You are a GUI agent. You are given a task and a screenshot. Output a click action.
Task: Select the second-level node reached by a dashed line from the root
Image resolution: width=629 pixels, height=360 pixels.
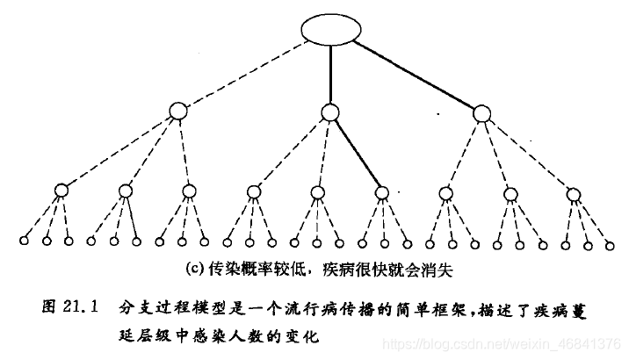pos(179,112)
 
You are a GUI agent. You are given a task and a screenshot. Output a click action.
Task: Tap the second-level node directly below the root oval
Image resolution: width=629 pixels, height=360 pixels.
pos(329,112)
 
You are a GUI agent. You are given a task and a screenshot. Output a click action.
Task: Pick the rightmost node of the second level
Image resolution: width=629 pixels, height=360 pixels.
pos(481,112)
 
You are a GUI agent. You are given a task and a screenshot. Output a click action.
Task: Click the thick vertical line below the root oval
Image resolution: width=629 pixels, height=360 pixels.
pos(329,75)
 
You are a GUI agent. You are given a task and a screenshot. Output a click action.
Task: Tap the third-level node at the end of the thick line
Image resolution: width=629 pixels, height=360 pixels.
pos(381,191)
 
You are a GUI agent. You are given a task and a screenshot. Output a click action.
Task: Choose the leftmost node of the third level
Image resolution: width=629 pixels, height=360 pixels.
pos(61,190)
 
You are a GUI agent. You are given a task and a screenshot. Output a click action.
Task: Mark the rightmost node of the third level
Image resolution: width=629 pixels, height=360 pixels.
pos(574,193)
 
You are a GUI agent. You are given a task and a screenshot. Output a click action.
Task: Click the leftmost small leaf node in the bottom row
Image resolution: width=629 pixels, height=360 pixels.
pos(25,241)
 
